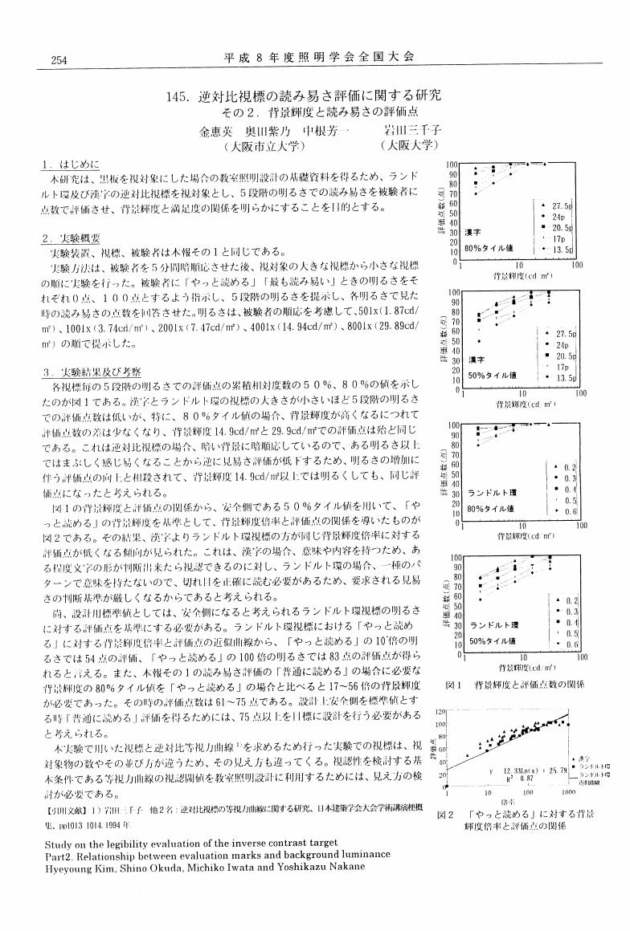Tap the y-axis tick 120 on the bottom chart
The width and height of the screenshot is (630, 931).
440,712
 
